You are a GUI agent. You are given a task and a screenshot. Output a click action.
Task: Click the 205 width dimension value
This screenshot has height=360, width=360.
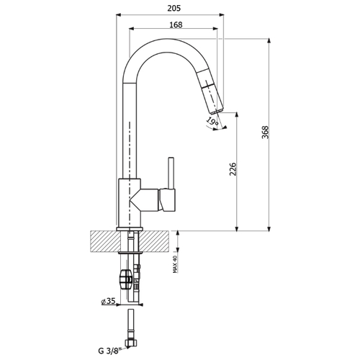[x=174, y=8]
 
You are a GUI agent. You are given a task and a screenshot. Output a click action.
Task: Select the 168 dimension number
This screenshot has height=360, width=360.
[x=176, y=24]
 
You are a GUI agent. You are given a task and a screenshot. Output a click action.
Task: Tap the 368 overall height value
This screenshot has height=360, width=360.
[x=265, y=132]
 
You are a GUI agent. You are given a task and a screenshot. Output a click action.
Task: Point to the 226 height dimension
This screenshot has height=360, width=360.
[x=233, y=169]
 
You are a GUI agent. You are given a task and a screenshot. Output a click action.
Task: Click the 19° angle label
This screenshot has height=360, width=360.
[x=212, y=121]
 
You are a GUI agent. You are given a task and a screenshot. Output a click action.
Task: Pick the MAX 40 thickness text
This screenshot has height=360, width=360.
[x=175, y=264]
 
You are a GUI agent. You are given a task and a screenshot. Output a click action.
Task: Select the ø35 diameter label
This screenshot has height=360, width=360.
[x=109, y=301]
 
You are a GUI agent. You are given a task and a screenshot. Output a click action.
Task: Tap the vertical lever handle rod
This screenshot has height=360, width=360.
[x=171, y=173]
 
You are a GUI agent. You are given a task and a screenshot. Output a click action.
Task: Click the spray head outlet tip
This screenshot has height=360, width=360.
[x=217, y=111]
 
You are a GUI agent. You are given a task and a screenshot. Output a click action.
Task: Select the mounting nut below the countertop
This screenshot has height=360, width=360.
[x=126, y=279]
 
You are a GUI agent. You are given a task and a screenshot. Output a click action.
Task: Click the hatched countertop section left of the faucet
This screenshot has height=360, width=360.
[x=104, y=241]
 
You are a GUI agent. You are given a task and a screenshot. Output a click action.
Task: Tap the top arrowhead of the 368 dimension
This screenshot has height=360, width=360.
[x=269, y=40]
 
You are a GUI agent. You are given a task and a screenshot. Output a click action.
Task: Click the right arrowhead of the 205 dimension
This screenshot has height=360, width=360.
[x=221, y=14]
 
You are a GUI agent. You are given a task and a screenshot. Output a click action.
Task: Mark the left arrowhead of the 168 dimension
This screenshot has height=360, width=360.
[x=132, y=29]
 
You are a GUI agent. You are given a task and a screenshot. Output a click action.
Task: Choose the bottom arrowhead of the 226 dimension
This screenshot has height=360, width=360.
[x=237, y=228]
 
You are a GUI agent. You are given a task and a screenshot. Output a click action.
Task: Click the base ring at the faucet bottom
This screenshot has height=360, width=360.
[x=130, y=229]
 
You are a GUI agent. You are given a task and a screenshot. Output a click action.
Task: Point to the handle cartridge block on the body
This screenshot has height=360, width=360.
[x=167, y=200]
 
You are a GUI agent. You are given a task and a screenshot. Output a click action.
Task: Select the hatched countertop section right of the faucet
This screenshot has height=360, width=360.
[x=155, y=241]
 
